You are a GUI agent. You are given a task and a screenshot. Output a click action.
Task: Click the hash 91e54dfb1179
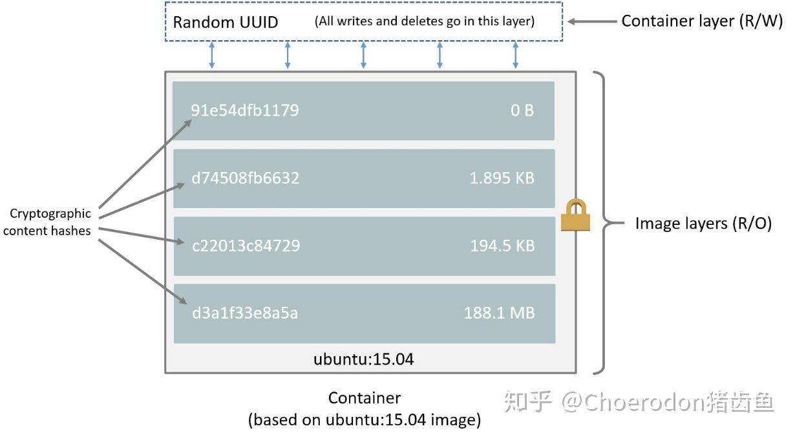(245, 110)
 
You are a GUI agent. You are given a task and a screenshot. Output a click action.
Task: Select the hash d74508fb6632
(245, 178)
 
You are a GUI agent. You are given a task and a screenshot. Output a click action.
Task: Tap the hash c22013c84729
(246, 246)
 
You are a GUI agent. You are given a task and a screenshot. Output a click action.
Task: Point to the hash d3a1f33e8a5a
(245, 313)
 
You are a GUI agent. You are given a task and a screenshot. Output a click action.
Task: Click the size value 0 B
(522, 110)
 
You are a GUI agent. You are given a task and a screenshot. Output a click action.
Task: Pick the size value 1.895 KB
(502, 178)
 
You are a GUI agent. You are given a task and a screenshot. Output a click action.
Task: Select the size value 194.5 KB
(502, 246)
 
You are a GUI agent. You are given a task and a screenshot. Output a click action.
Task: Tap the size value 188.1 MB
(500, 313)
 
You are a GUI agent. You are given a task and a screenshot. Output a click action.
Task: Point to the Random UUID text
(225, 22)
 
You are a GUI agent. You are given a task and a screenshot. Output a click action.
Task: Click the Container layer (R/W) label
(702, 21)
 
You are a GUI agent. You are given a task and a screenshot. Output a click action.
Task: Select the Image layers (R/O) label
(703, 224)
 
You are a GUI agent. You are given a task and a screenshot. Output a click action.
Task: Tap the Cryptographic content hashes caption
(47, 222)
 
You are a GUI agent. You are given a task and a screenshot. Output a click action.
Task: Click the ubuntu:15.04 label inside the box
(363, 359)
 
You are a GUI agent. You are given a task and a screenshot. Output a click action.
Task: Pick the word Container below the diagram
(365, 398)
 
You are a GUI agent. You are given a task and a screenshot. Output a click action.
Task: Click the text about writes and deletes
(425, 21)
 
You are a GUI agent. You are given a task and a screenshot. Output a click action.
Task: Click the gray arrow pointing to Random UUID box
(591, 21)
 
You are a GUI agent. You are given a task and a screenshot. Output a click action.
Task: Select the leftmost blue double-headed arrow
(211, 56)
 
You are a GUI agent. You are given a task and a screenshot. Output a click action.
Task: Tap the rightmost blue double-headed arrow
(515, 56)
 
